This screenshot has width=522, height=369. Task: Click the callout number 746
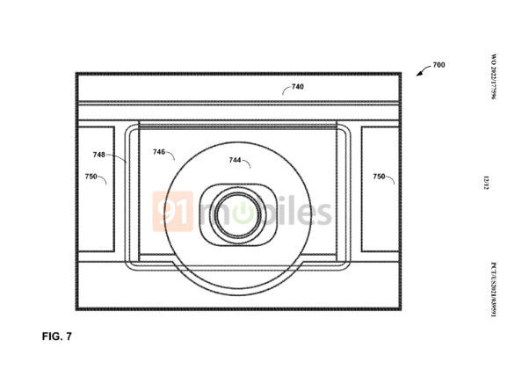tap(160, 152)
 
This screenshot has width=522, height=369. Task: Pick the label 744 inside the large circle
tap(236, 161)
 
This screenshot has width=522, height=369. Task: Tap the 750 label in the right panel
tap(379, 177)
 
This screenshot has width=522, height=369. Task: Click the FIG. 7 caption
tap(59, 336)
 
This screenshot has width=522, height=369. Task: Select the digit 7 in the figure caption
tap(72, 336)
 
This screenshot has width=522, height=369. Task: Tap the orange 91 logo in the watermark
tap(172, 212)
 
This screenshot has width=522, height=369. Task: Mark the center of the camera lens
tap(237, 215)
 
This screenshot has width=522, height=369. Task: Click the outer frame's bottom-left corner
tap(76, 308)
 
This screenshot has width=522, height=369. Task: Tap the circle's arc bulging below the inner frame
tap(237, 290)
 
